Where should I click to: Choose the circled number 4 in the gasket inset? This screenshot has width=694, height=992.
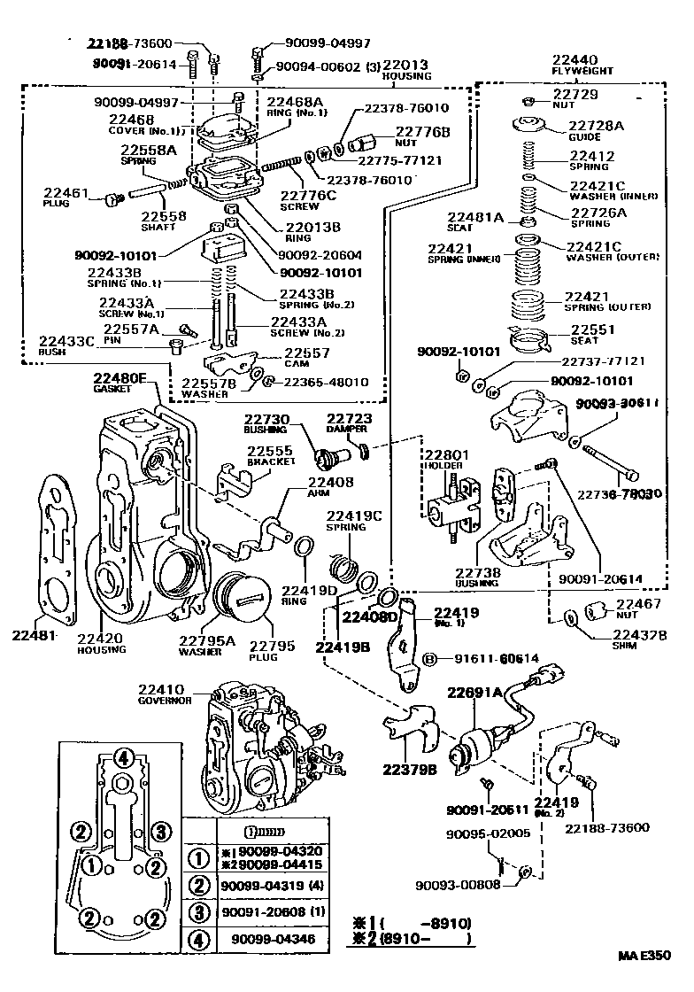coord(125,757)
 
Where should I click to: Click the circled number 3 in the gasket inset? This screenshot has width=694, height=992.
coord(160,831)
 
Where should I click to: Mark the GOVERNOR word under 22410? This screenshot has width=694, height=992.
coord(165,700)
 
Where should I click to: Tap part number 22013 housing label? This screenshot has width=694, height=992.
coord(406,65)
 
